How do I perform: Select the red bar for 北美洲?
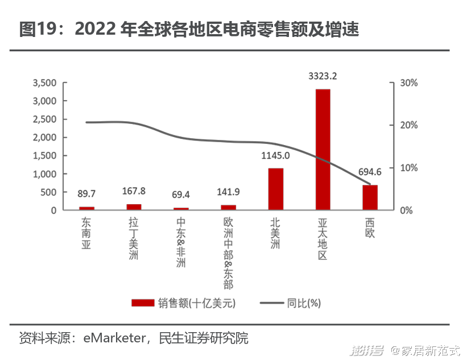point(275,189)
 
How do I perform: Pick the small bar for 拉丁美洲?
point(134,207)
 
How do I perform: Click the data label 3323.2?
point(323,76)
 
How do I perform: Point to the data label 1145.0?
point(275,155)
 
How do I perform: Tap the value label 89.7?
point(86,193)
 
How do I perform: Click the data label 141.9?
point(228,192)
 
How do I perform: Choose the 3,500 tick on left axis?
point(44,83)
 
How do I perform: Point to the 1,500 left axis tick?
point(44,156)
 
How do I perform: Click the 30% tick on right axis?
point(408,83)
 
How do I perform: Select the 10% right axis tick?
point(408,168)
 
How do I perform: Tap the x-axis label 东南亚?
point(86,230)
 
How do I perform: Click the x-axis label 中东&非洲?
point(181,243)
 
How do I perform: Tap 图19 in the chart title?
point(35,30)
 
